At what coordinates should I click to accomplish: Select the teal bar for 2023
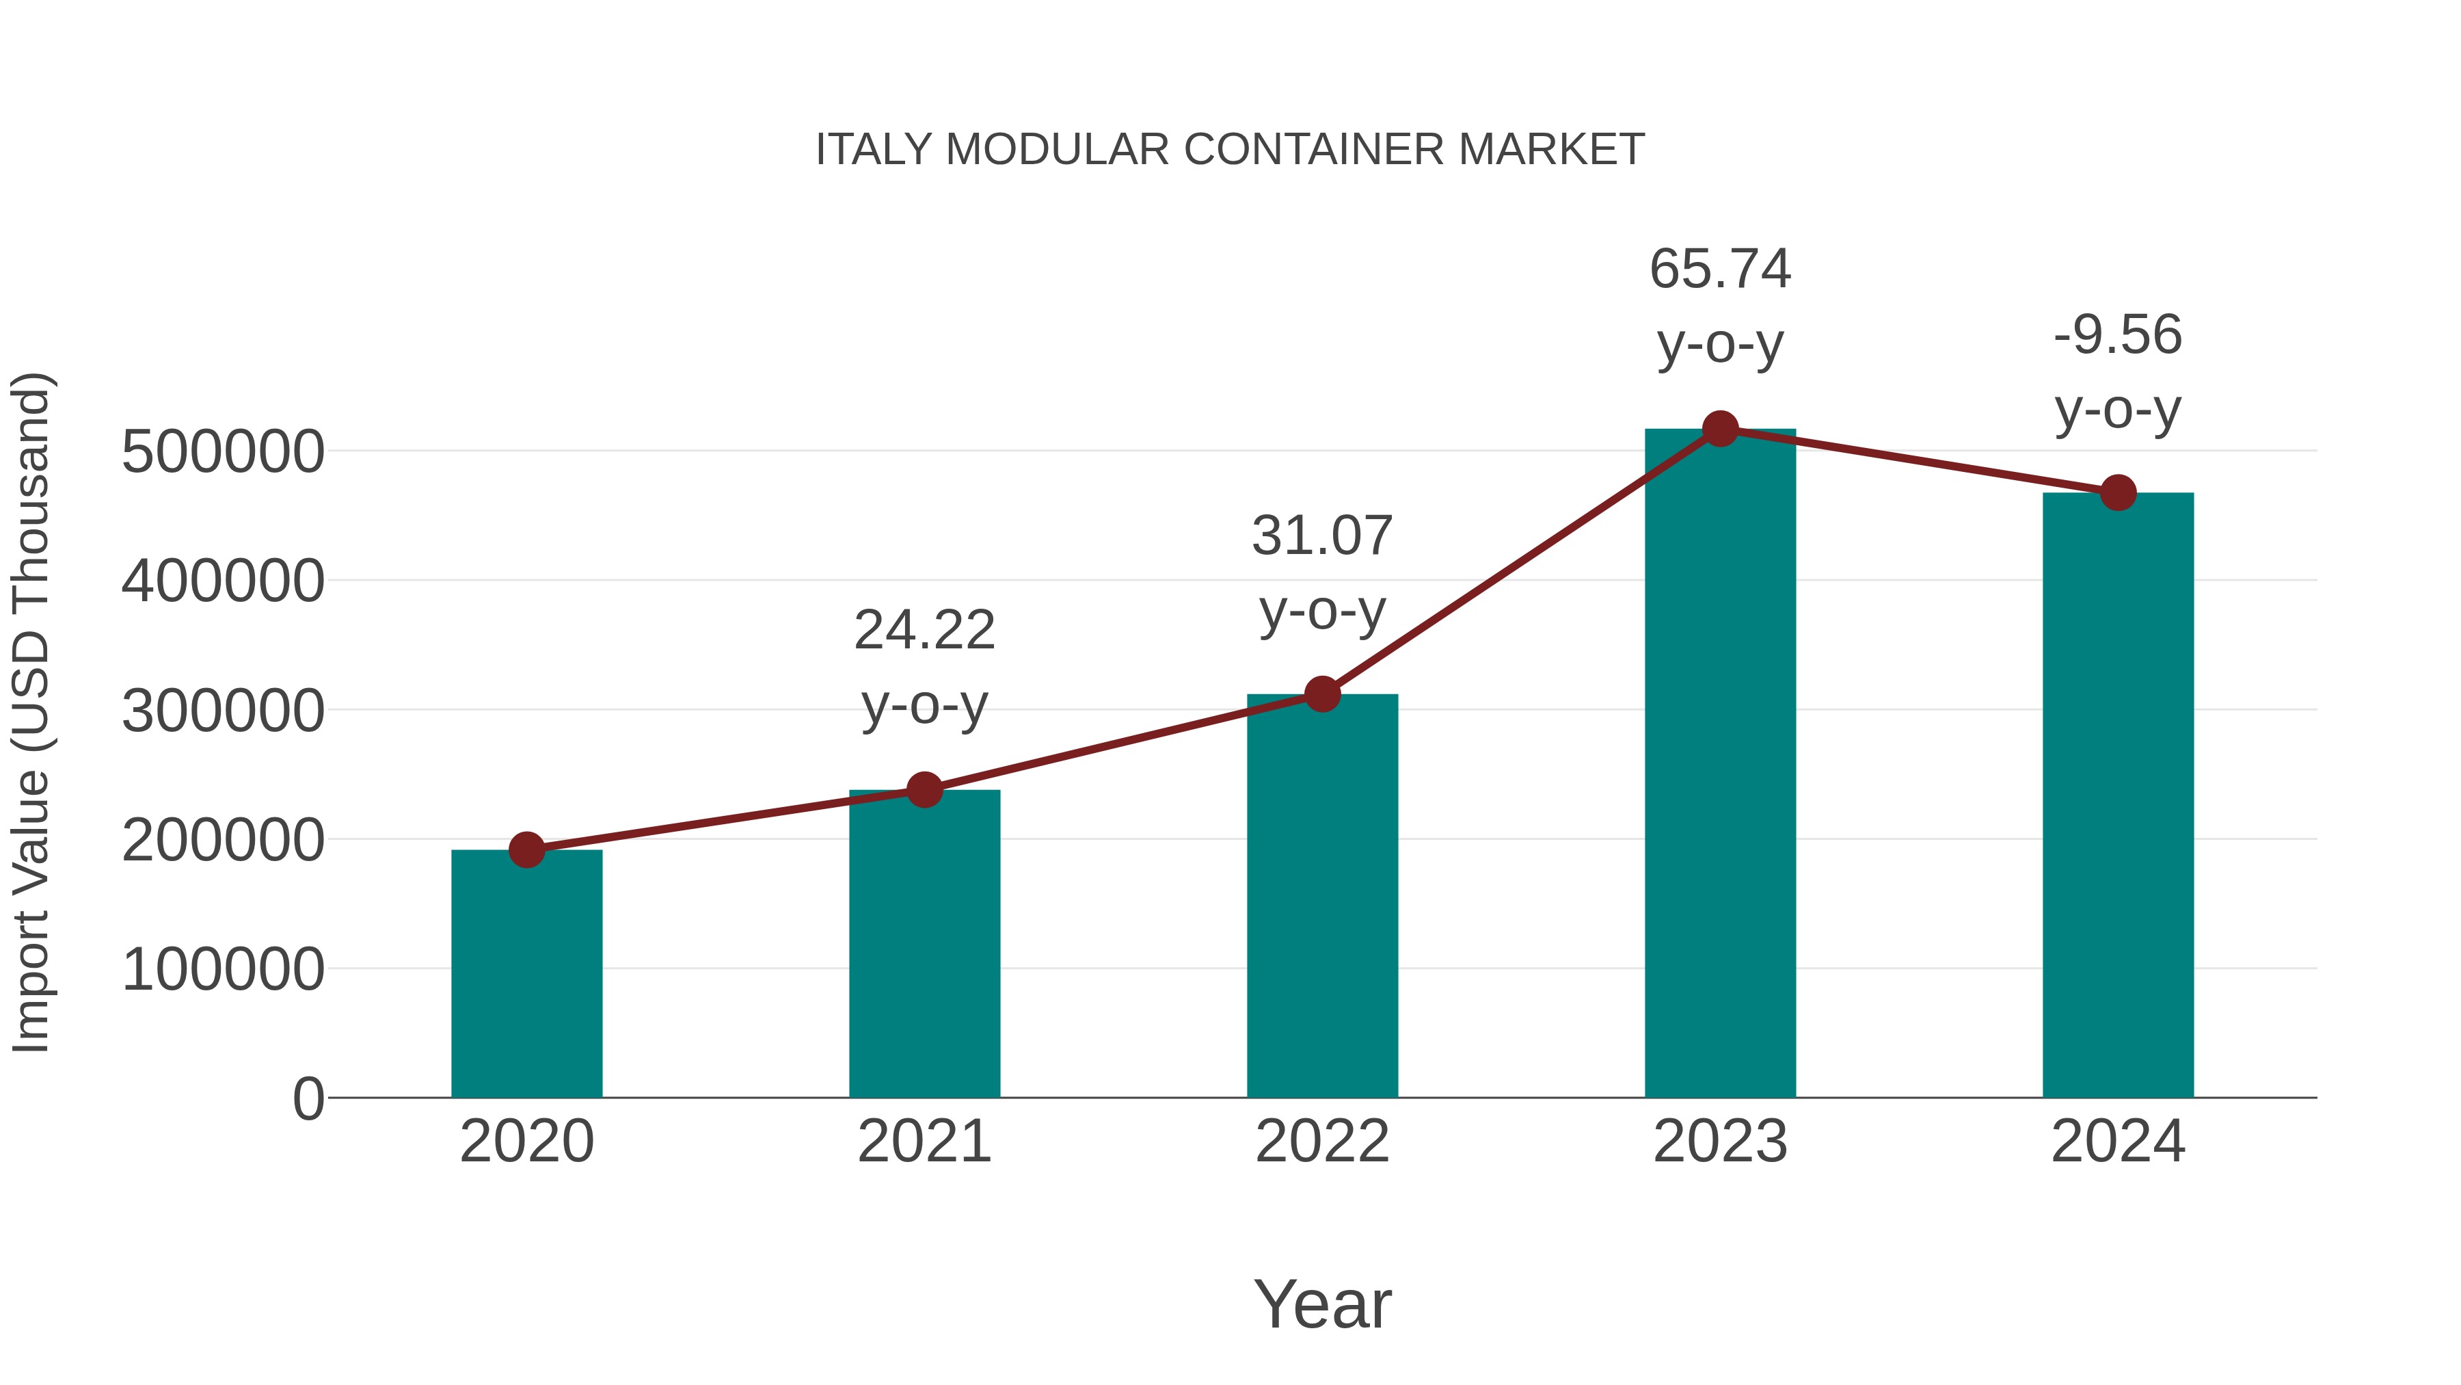pos(1720,765)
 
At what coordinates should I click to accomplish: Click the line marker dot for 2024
pos(2118,493)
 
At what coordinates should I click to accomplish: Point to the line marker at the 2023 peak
pos(1720,429)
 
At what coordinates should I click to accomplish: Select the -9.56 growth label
pos(2118,337)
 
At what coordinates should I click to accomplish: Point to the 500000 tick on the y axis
pos(223,452)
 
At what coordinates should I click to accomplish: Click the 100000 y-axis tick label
pos(223,970)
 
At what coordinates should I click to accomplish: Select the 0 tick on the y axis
pos(308,1099)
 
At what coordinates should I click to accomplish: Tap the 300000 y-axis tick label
pos(223,712)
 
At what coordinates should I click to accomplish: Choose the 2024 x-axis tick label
pos(2118,1142)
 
